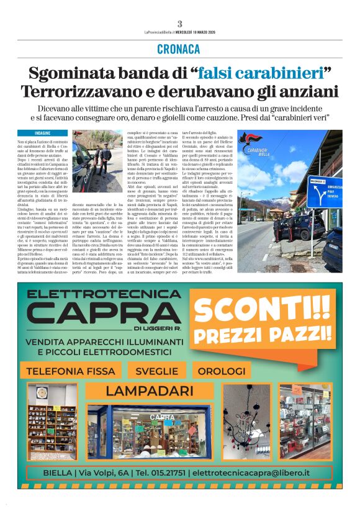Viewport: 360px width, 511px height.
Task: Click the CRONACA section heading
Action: [x=179, y=49]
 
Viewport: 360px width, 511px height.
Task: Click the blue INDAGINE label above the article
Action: [x=42, y=133]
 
